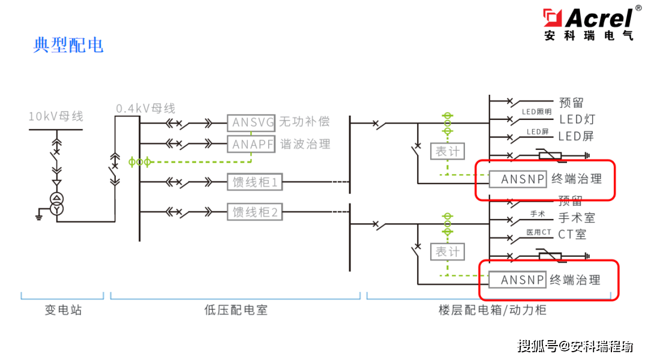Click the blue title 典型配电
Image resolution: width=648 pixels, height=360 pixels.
pyautogui.click(x=68, y=45)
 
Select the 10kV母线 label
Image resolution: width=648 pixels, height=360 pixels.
pyautogui.click(x=56, y=116)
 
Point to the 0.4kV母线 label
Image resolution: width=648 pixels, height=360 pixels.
pyautogui.click(x=145, y=108)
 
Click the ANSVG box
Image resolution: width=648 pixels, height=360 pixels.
pyautogui.click(x=251, y=122)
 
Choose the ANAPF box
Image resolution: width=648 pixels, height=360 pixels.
pyautogui.click(x=251, y=144)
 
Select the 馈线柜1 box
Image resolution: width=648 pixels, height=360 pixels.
pyautogui.click(x=255, y=182)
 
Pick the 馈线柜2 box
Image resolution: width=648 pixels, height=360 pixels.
pyautogui.click(x=255, y=212)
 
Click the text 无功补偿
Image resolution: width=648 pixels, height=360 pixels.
pyautogui.click(x=305, y=122)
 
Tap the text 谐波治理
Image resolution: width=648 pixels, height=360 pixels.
pyautogui.click(x=305, y=144)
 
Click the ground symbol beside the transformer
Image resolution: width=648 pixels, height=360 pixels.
pyautogui.click(x=39, y=214)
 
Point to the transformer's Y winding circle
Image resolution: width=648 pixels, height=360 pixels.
pyautogui.click(x=56, y=209)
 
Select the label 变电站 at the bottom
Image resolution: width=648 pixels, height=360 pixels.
pyautogui.click(x=63, y=310)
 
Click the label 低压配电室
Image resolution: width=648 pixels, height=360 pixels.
pyautogui.click(x=236, y=310)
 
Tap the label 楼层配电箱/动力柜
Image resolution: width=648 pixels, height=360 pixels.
pyautogui.click(x=493, y=310)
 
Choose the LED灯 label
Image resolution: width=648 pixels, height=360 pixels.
pyautogui.click(x=577, y=119)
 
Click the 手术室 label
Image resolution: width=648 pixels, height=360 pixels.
pyautogui.click(x=577, y=218)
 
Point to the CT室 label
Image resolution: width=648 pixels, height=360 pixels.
pyautogui.click(x=572, y=235)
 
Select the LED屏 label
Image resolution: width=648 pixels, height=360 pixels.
pyautogui.click(x=576, y=136)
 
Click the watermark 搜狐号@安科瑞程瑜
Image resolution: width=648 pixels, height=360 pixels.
pyautogui.click(x=575, y=346)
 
